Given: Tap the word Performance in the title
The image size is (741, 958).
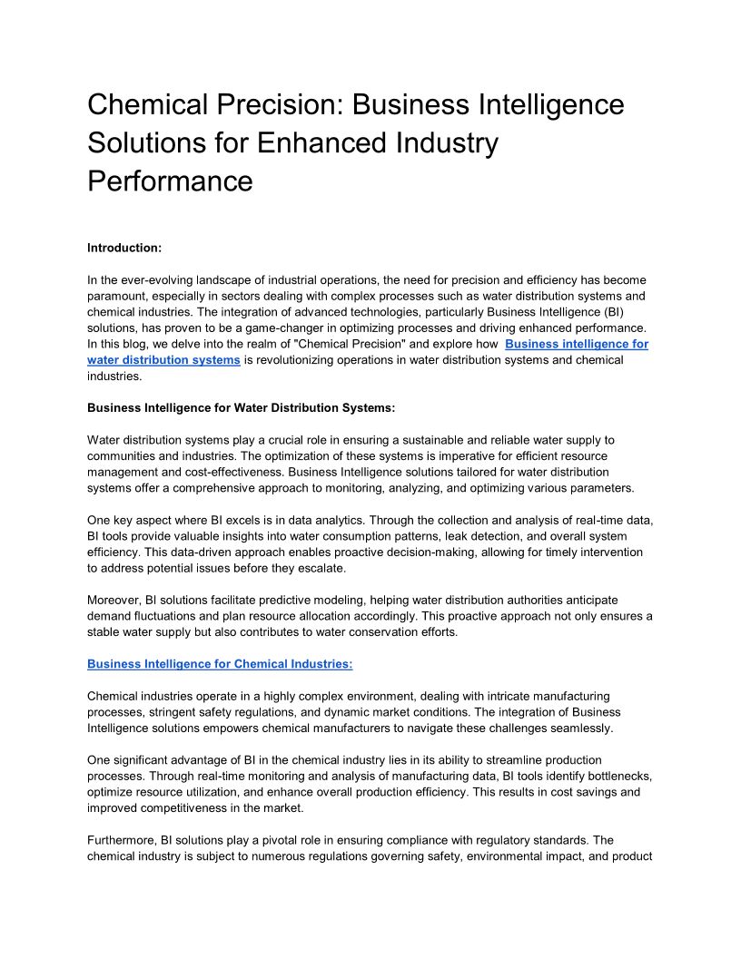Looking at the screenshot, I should tap(170, 181).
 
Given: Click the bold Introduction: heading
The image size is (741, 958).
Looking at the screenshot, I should tap(124, 248).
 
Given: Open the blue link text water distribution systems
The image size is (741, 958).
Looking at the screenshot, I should tap(163, 360).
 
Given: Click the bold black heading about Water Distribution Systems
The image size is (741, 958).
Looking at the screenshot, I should tap(241, 408).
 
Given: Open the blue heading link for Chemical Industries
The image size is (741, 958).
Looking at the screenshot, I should tap(220, 664).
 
